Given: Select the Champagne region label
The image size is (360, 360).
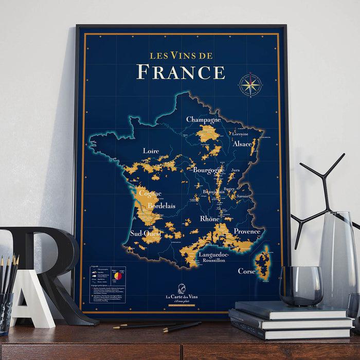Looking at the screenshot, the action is (x=203, y=120).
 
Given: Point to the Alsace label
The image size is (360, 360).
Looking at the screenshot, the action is (x=242, y=145).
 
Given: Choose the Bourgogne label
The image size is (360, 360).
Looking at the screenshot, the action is (x=209, y=169).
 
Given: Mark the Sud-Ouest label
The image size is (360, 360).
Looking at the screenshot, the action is (x=146, y=233).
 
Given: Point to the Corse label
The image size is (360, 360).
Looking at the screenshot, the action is (x=247, y=271).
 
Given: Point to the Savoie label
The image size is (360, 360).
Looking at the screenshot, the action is (x=244, y=196).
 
